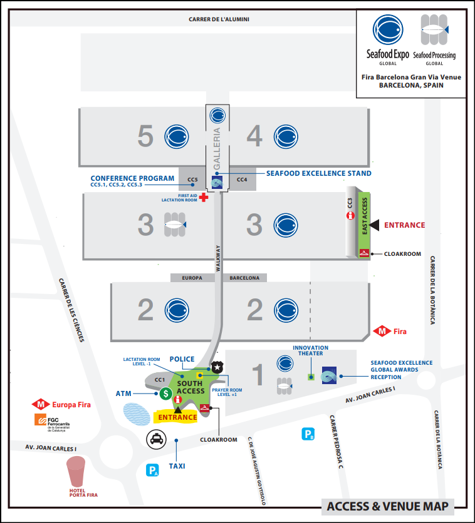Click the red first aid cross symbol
pyautogui.click(x=204, y=197)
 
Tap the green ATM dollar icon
pyautogui.click(x=165, y=394)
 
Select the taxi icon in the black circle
pyautogui.click(x=156, y=440)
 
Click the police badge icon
pyautogui.click(x=217, y=367)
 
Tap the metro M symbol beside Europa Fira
pyautogui.click(x=42, y=405)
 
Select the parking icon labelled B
pyautogui.click(x=308, y=434)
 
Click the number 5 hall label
pyautogui.click(x=145, y=136)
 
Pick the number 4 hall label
pyautogui.click(x=254, y=136)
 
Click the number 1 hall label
pyautogui.click(x=258, y=374)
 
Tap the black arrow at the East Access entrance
pyautogui.click(x=374, y=225)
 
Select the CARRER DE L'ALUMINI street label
pyautogui.click(x=219, y=19)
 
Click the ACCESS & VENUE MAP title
pyautogui.click(x=388, y=507)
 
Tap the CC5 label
pyautogui.click(x=193, y=180)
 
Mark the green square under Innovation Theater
pyautogui.click(x=310, y=377)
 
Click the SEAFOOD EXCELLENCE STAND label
pyautogui.click(x=319, y=173)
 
